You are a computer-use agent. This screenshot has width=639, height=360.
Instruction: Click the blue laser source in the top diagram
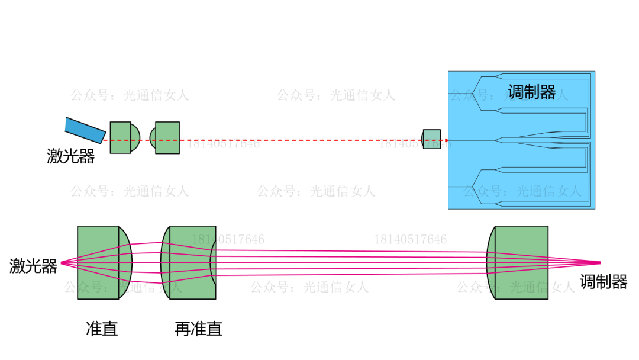86,130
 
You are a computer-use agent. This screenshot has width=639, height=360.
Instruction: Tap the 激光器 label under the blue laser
71,156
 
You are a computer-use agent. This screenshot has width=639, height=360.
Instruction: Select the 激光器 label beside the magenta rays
34,266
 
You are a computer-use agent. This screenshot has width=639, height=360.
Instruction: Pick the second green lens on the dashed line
166,138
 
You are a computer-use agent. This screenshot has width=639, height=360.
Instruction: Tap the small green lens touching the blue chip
431,139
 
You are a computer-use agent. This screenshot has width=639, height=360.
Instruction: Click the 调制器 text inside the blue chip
531,92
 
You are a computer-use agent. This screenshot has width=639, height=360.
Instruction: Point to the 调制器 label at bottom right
603,282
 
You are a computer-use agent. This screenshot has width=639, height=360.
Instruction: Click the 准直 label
102,329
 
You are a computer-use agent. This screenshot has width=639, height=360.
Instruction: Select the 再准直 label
198,329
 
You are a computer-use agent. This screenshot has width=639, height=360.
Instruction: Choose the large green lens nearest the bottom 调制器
519,262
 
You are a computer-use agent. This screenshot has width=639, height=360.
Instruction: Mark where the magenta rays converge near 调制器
599,262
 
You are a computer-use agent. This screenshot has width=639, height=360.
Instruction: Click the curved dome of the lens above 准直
125,262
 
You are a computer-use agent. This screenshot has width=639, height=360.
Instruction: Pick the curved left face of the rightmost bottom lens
490,262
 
